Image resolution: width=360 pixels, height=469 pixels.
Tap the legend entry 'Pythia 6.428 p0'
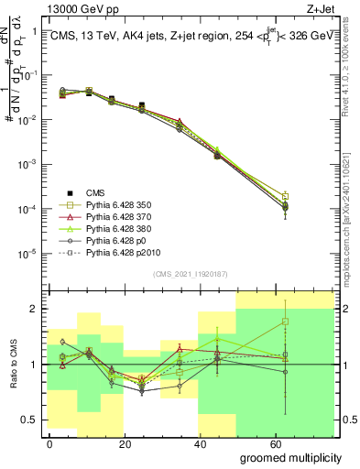point(120,240)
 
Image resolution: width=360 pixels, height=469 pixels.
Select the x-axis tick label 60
point(280,444)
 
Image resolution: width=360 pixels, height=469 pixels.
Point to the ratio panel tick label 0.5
point(28,420)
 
